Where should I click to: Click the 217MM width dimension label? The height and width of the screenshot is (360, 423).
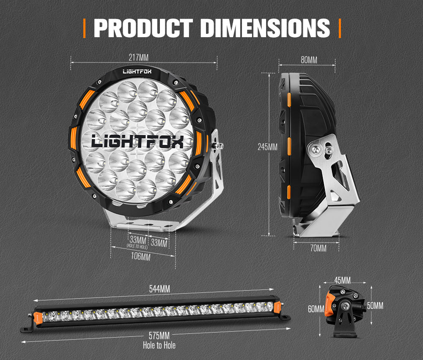[x=138, y=57]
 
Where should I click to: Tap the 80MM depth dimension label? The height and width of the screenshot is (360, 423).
[x=309, y=60]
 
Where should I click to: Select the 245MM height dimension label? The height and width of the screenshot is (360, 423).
[x=267, y=147]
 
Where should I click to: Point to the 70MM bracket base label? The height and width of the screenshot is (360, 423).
[x=318, y=248]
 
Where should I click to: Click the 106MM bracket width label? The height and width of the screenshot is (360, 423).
[x=140, y=256]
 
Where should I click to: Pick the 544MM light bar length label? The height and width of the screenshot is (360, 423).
[x=159, y=289]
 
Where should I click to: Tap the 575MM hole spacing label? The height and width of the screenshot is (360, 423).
[x=159, y=336]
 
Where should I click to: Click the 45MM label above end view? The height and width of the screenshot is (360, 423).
[x=342, y=281]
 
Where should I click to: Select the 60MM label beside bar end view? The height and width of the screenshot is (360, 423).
[x=316, y=309]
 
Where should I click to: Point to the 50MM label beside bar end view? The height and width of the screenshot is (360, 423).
[x=375, y=305]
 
